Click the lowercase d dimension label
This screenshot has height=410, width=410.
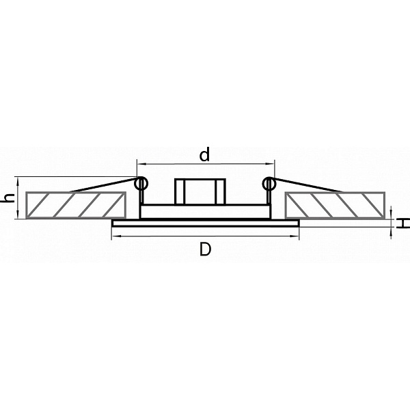(x=204, y=154)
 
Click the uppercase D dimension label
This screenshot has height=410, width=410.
(x=205, y=249)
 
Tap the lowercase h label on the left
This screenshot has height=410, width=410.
(x=8, y=197)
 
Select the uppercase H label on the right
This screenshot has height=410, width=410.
(x=402, y=223)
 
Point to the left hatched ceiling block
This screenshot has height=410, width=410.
(x=76, y=205)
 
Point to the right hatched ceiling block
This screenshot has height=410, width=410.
(x=335, y=205)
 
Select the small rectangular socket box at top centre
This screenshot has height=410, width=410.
(x=200, y=191)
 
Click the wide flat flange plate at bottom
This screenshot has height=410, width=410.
(x=206, y=223)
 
